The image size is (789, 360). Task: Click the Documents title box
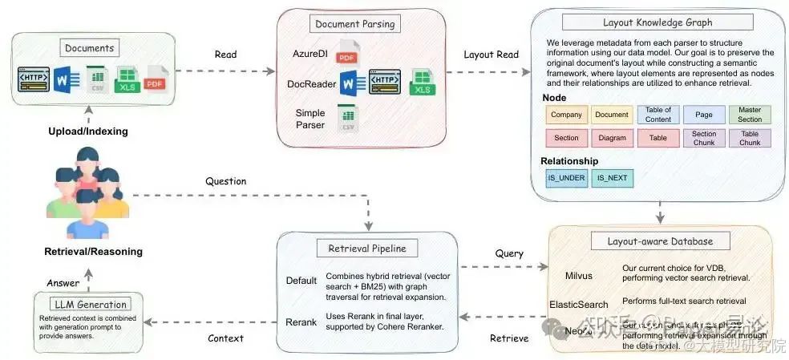click(x=91, y=48)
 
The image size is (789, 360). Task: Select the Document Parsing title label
click(x=354, y=23)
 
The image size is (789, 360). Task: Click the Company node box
click(x=566, y=115)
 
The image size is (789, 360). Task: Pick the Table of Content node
click(x=658, y=115)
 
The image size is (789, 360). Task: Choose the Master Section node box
click(x=750, y=115)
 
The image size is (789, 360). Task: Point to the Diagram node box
click(x=612, y=138)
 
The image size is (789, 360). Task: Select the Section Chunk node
click(x=704, y=138)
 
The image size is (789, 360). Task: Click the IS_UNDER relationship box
click(x=566, y=177)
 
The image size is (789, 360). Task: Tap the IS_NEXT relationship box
click(x=612, y=177)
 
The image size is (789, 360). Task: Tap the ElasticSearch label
click(x=579, y=304)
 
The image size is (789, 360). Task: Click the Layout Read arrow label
click(x=491, y=55)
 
